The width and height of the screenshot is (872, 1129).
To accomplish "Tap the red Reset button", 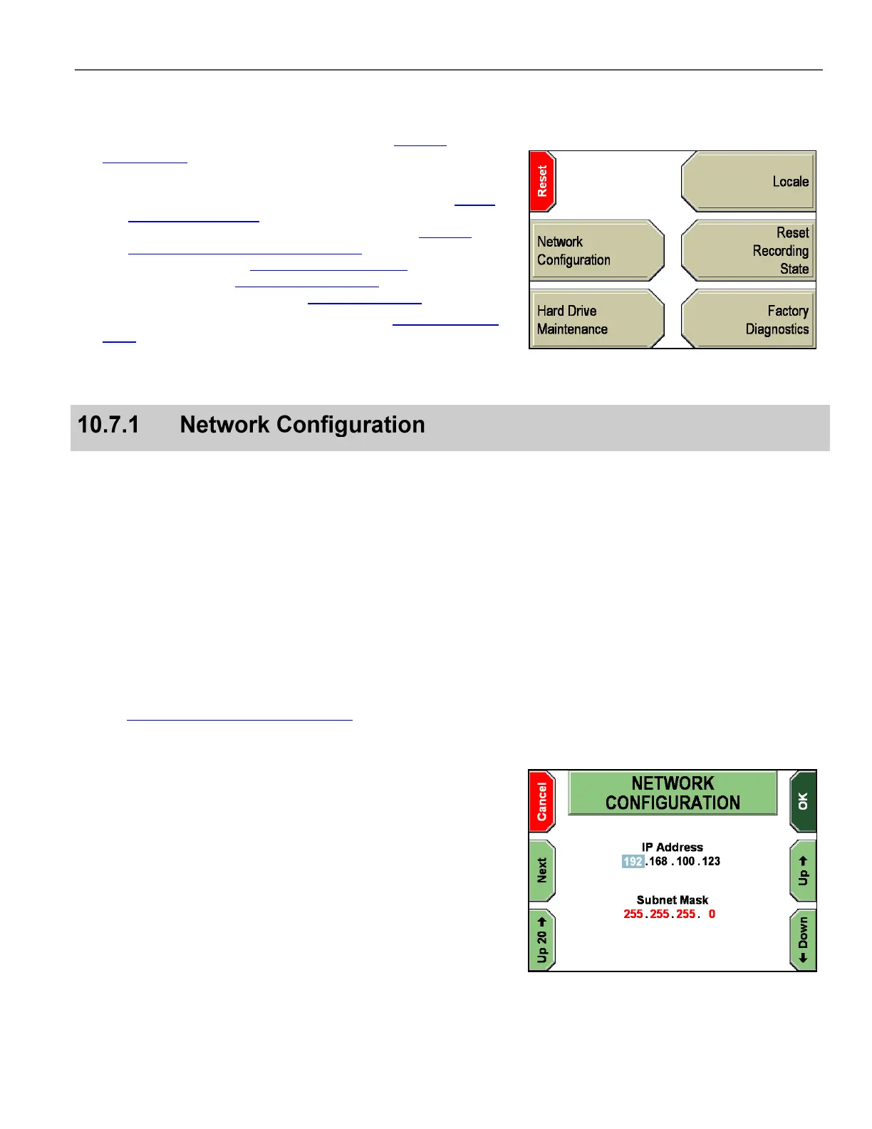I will click(542, 181).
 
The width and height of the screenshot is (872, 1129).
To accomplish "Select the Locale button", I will click(747, 181).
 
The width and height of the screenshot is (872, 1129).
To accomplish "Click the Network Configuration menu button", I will click(597, 250).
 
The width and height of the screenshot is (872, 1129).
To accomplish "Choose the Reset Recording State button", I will click(747, 250).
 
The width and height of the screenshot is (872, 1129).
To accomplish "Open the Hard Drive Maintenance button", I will click(597, 319).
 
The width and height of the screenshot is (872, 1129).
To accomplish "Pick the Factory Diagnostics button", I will click(747, 319).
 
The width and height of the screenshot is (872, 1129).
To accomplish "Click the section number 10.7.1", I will click(108, 425).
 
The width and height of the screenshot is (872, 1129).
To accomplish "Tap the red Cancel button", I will click(542, 801).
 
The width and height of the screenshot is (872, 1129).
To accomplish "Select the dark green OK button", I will click(803, 801).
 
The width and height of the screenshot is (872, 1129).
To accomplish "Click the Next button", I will click(542, 870).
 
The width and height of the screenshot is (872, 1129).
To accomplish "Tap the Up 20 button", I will click(542, 940).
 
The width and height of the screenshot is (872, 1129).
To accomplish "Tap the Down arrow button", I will click(803, 940).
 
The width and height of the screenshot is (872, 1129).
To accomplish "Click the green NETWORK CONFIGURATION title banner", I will click(673, 793).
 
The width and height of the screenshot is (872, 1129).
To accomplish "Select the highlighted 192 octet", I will click(633, 861).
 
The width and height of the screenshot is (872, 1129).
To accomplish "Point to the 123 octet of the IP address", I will click(711, 861).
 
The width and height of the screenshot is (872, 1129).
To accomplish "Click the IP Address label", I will click(673, 847).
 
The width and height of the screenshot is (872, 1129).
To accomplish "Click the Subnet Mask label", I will click(673, 899).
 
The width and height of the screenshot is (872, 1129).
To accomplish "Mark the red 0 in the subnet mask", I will click(712, 914).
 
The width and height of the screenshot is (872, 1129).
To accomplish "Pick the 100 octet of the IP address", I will click(685, 861).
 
